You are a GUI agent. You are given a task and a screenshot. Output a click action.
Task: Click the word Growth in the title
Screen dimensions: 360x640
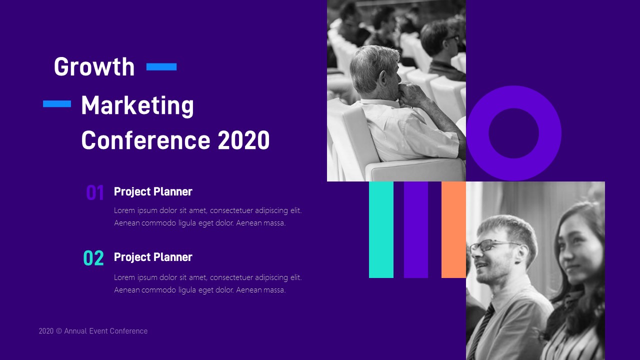(94, 67)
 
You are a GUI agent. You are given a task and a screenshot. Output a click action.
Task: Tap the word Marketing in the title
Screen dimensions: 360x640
(137, 105)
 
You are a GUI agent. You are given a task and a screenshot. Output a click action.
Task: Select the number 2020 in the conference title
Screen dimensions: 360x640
(243, 140)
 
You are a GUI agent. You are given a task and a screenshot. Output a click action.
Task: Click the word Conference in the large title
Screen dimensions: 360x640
(146, 140)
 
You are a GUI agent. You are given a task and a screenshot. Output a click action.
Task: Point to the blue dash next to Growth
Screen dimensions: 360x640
(161, 67)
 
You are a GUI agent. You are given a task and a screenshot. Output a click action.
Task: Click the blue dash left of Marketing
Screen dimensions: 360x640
(57, 104)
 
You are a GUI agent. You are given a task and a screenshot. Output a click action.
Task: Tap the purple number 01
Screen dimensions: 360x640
(95, 192)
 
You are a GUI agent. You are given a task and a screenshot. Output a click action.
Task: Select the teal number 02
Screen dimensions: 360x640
(93, 258)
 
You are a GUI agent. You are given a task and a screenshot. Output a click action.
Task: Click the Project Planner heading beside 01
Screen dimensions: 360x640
(153, 191)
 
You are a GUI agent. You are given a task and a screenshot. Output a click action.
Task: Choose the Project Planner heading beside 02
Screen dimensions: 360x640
(153, 257)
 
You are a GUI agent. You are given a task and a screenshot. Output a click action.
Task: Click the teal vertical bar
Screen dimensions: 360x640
(381, 229)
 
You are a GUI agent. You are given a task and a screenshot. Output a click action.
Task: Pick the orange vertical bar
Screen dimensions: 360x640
(453, 229)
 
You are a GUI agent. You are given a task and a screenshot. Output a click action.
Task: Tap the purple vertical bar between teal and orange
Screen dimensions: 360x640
(416, 229)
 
